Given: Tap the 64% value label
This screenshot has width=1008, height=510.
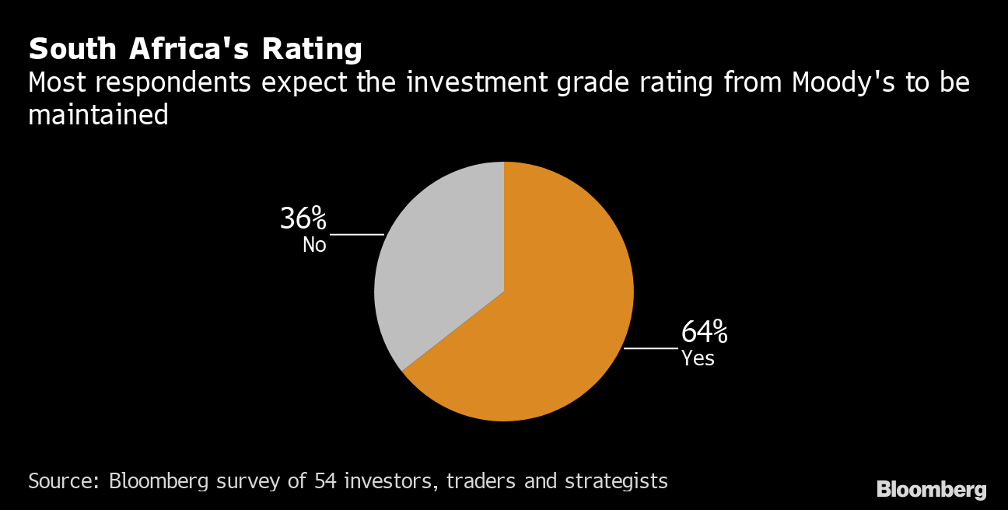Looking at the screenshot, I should (704, 333).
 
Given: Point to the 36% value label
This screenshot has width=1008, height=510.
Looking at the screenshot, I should (303, 219).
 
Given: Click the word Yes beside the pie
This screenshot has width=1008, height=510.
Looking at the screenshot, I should (698, 358).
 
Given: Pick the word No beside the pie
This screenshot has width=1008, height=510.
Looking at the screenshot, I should (314, 245).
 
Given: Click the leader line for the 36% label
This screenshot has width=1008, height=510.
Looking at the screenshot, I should (357, 234).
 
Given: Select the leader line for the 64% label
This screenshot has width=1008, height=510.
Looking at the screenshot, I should (650, 348).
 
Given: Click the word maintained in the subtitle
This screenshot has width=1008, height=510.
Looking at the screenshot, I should (98, 115).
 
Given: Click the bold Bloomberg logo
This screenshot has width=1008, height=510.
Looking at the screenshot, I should (931, 490).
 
